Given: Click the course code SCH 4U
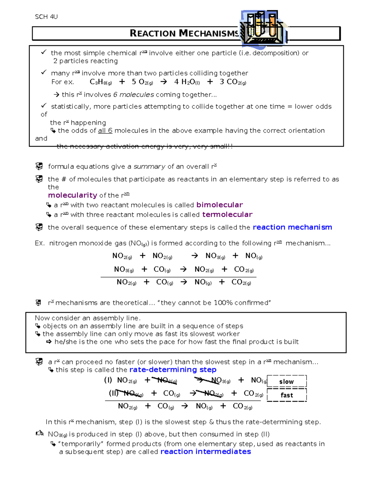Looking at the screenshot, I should pyautogui.click(x=46, y=17).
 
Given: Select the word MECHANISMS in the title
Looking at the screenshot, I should pyautogui.click(x=209, y=34).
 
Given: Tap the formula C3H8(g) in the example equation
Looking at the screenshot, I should pyautogui.click(x=101, y=82).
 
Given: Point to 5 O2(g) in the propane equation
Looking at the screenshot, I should pyautogui.click(x=142, y=82).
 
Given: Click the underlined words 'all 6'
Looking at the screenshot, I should pyautogui.click(x=105, y=131).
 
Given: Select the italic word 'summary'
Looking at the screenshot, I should pyautogui.click(x=149, y=167).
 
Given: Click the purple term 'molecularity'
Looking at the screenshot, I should pyautogui.click(x=73, y=195).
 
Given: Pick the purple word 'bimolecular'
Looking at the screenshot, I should pyautogui.click(x=219, y=205).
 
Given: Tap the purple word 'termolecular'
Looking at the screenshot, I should pyautogui.click(x=227, y=214).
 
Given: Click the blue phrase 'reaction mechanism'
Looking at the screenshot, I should pyautogui.click(x=292, y=227).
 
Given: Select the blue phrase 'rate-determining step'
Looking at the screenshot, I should pyautogui.click(x=173, y=370).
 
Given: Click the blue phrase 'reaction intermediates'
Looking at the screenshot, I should pyautogui.click(x=206, y=452).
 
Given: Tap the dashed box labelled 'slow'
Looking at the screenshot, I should pyautogui.click(x=286, y=381).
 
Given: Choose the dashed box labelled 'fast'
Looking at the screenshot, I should pyautogui.click(x=286, y=395).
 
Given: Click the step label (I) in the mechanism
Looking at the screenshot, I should pyautogui.click(x=108, y=380).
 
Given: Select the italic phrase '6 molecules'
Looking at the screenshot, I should pyautogui.click(x=134, y=95).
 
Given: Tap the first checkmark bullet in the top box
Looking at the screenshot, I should pyautogui.click(x=44, y=52).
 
